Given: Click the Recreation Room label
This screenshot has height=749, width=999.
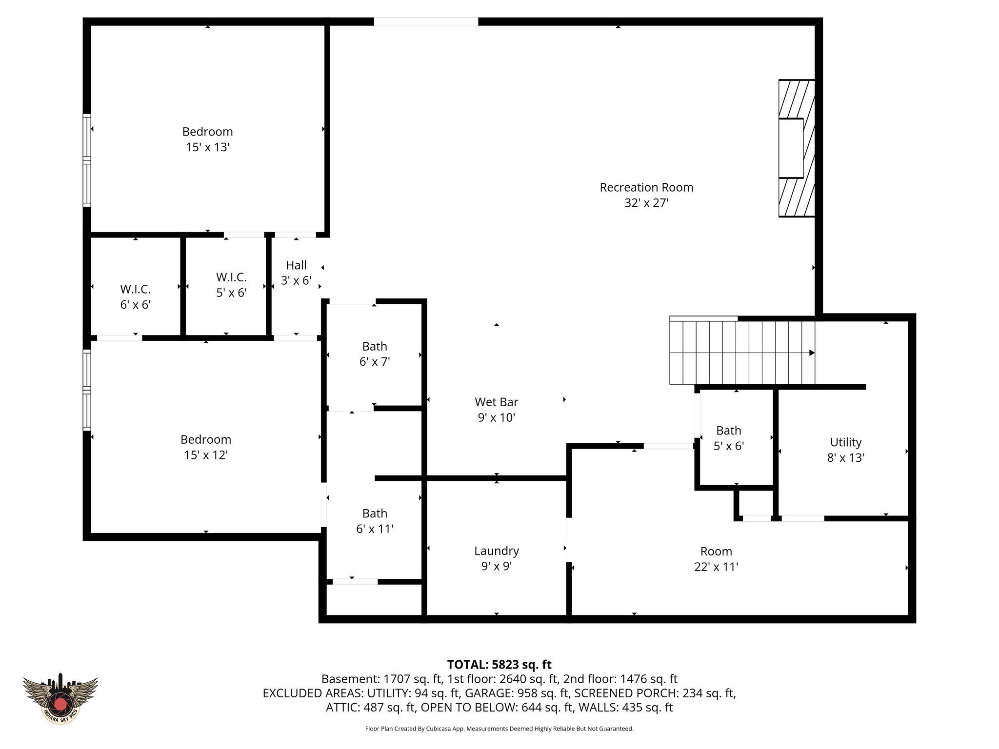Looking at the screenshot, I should pyautogui.click(x=646, y=187).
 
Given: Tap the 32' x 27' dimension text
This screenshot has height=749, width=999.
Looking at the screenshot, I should pyautogui.click(x=646, y=203).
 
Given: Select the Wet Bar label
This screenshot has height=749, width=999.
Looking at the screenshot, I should pyautogui.click(x=496, y=402).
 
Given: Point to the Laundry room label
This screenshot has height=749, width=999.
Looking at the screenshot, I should pyautogui.click(x=496, y=551).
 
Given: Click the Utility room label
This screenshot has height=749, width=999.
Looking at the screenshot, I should pyautogui.click(x=845, y=442).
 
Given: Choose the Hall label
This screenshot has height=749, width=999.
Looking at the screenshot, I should pyautogui.click(x=296, y=265).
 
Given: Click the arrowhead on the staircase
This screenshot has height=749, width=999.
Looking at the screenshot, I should pyautogui.click(x=812, y=353).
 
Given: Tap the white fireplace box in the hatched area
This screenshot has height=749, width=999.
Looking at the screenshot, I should pyautogui.click(x=790, y=148).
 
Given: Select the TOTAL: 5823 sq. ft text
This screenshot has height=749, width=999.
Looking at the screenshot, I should pyautogui.click(x=499, y=665).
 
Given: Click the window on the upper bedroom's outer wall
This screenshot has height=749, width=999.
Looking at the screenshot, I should pyautogui.click(x=87, y=160).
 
